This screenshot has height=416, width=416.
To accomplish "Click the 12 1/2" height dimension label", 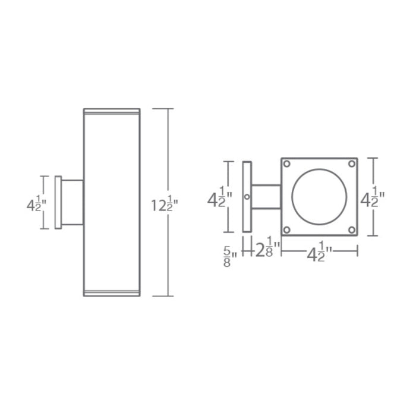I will [x=165, y=205].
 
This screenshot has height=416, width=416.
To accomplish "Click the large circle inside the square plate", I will [x=319, y=197].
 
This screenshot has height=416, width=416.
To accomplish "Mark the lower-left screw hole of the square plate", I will [x=286, y=230].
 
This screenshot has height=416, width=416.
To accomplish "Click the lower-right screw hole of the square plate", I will [x=352, y=230].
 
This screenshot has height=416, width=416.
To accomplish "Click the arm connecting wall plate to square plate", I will [x=266, y=197].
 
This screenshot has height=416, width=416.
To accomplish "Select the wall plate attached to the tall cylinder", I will [x=58, y=203].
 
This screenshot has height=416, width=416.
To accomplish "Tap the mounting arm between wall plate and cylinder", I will [x=72, y=203].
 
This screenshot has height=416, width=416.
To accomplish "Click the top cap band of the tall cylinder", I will [x=112, y=111].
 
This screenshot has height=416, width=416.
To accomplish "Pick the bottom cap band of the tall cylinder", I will [x=112, y=292].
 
